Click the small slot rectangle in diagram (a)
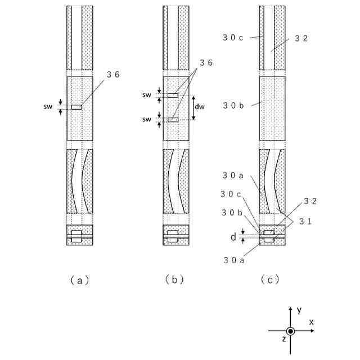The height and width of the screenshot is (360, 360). (x=76, y=107)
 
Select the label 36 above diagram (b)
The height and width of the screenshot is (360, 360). (x=208, y=64)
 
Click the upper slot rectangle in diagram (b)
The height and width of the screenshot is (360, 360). (x=173, y=95)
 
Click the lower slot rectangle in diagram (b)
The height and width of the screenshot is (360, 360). (x=173, y=120)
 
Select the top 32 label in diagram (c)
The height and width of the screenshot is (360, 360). (x=301, y=39)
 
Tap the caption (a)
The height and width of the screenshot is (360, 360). (x=79, y=280)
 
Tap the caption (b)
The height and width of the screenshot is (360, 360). (x=175, y=280)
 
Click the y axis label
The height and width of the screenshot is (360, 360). (x=299, y=310)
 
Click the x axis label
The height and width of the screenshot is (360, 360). (x=310, y=322)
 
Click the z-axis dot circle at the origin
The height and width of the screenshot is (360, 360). (x=290, y=331)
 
